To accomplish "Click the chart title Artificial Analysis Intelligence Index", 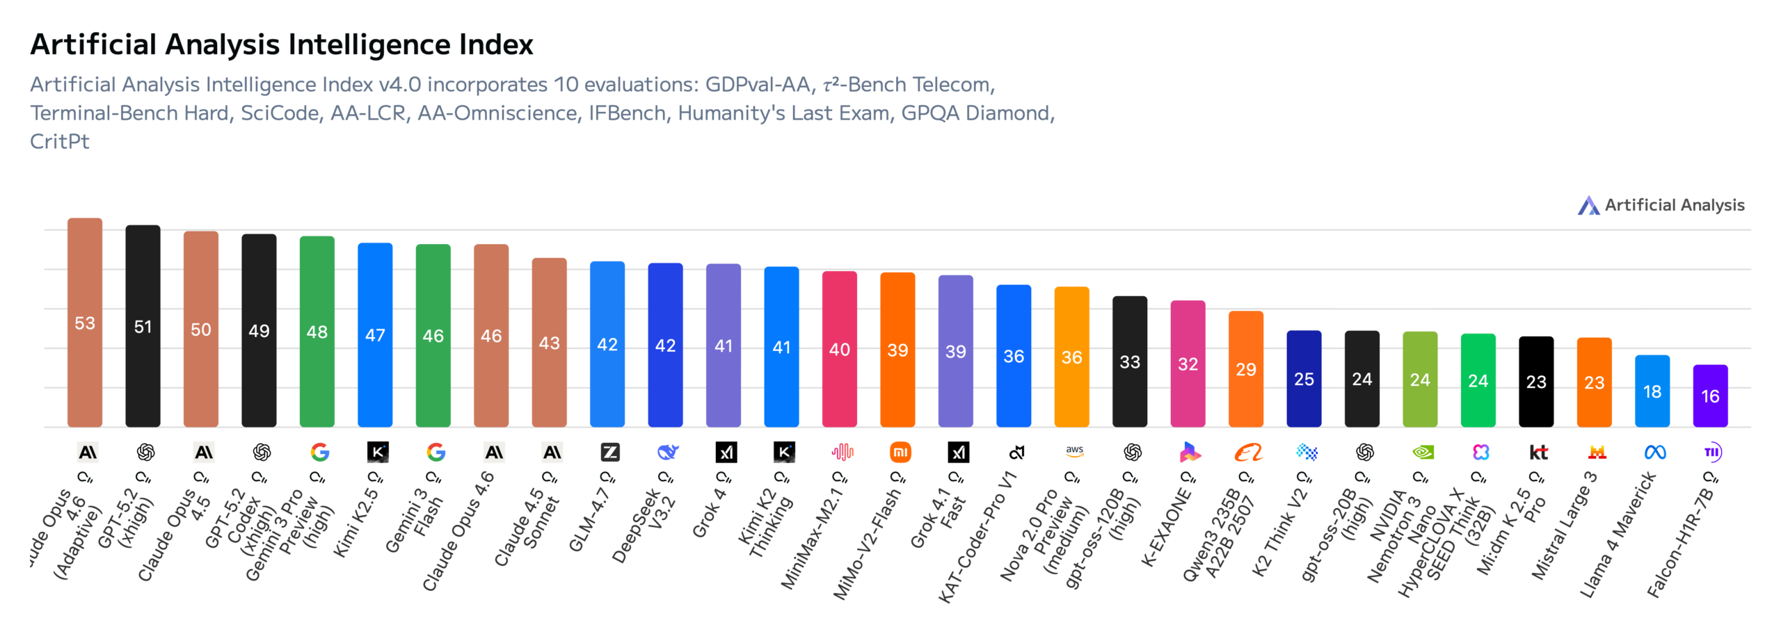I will pyautogui.click(x=281, y=44).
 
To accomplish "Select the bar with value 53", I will pyautogui.click(x=85, y=323).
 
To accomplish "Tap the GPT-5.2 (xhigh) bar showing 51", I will pyautogui.click(x=143, y=326).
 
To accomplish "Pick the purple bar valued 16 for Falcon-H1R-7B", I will pyautogui.click(x=1710, y=396).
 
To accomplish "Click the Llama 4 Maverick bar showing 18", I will pyautogui.click(x=1652, y=391).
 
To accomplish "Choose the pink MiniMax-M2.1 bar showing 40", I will pyautogui.click(x=840, y=349).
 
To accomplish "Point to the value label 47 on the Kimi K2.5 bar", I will pyautogui.click(x=375, y=335).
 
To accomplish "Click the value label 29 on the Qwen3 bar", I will pyautogui.click(x=1246, y=369).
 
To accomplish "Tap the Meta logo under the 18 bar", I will pyautogui.click(x=1655, y=453).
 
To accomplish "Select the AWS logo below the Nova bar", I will pyautogui.click(x=1074, y=451).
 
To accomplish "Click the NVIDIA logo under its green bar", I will pyautogui.click(x=1423, y=453).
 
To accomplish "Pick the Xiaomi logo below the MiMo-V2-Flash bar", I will pyautogui.click(x=900, y=453).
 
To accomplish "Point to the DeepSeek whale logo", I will pyautogui.click(x=668, y=453).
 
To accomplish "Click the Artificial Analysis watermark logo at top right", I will pyautogui.click(x=1588, y=205).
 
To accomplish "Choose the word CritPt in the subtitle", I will pyautogui.click(x=60, y=141).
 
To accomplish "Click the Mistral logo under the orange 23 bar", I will pyautogui.click(x=1597, y=453).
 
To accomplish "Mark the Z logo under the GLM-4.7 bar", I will pyautogui.click(x=610, y=453).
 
